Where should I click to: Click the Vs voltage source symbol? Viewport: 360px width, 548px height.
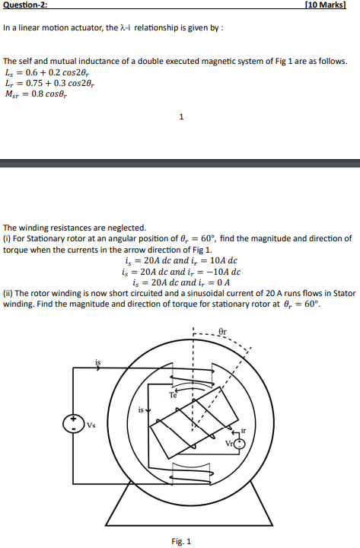point(75,424)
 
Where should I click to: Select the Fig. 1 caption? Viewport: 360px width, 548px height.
point(181,542)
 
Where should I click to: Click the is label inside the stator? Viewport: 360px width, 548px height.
point(141,410)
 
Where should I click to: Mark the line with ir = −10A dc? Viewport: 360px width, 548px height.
point(180,270)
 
